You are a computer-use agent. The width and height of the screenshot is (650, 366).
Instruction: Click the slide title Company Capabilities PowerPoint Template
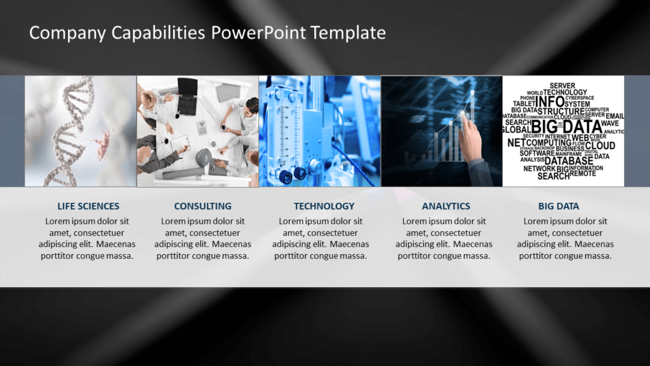coord(207,32)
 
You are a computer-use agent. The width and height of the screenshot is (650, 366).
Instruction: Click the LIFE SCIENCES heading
coord(88,206)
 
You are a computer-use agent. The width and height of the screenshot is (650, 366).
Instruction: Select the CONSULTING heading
coord(202,206)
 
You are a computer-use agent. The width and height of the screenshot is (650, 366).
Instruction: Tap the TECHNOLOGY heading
coord(324,206)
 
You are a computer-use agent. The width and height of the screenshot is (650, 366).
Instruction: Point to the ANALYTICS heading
coord(446,206)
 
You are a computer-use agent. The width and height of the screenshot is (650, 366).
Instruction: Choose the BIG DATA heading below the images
coord(559,206)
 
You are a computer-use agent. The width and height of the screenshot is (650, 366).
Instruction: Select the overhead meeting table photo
coord(197,132)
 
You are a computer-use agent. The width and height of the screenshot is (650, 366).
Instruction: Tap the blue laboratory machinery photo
coord(319,132)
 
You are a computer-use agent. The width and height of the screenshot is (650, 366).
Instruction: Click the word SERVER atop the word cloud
coord(562,85)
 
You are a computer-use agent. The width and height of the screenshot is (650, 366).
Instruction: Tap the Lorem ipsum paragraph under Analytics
coord(444,239)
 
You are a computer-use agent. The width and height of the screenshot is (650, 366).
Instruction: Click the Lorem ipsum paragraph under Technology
coord(321,239)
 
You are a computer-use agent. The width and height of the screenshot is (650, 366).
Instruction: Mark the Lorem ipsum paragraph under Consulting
coord(202,239)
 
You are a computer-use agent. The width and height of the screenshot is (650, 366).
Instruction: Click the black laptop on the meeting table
coord(188,89)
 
